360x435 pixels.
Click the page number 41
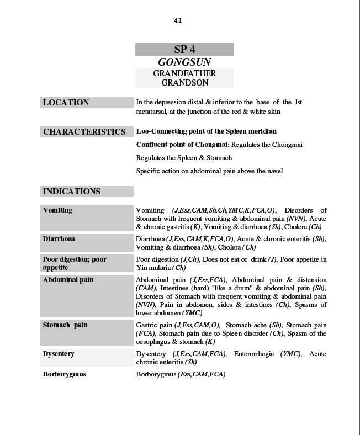point(178,21)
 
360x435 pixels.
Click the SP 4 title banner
point(184,50)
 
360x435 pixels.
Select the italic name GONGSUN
point(184,62)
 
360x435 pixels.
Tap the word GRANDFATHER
point(184,73)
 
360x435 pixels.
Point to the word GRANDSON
point(184,83)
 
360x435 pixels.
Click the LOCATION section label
point(66,103)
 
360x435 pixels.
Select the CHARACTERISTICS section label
point(84,132)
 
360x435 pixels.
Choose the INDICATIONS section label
point(72,192)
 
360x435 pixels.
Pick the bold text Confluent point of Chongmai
point(182,145)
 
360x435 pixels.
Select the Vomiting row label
point(58,210)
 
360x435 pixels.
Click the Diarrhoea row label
point(59,239)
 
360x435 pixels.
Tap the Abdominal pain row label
point(68,280)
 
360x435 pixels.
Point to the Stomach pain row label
point(65,325)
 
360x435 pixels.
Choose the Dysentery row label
point(59,354)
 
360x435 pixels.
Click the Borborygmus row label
point(65,374)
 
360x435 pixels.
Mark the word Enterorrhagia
point(254,354)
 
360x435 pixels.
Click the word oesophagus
point(153,342)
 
